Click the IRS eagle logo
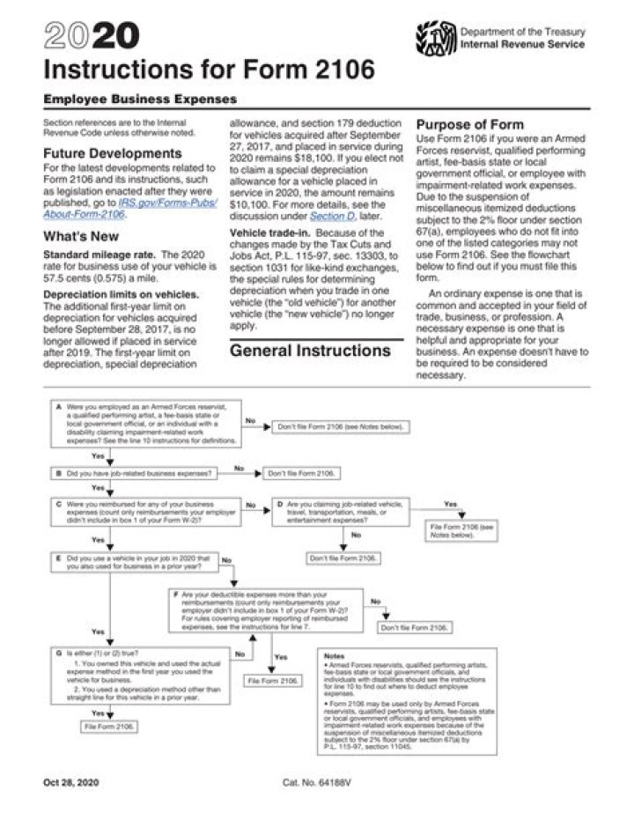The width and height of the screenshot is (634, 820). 434,38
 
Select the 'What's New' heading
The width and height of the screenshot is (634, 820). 79,236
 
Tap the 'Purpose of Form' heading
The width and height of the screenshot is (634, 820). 469,125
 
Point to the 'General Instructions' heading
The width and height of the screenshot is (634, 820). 310,351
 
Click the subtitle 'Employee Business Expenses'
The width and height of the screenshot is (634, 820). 139,100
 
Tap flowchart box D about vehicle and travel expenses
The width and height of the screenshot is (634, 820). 339,510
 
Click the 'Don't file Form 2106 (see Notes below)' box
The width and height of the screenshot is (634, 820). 341,427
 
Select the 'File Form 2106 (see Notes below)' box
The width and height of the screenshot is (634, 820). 461,530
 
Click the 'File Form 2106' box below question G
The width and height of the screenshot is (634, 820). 110,727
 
